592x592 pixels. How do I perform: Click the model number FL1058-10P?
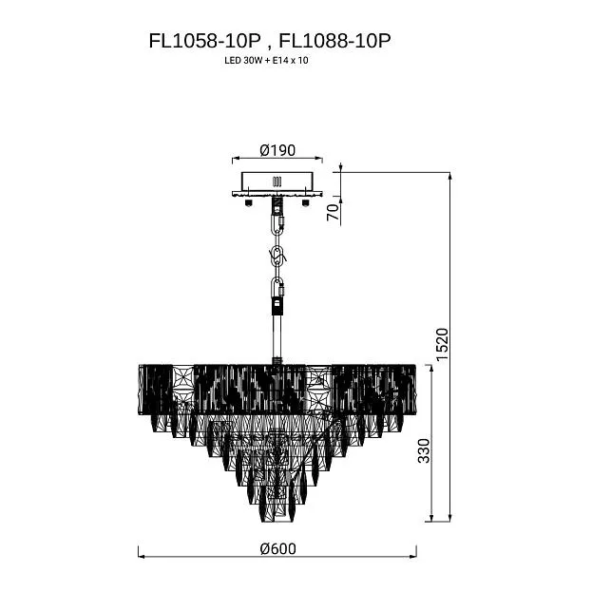[x=204, y=41]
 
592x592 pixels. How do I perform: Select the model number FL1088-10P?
[x=334, y=41]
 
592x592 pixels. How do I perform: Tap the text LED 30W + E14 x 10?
[x=266, y=60]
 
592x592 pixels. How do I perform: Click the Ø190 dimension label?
[x=277, y=150]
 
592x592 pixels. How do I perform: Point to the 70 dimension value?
[x=333, y=212]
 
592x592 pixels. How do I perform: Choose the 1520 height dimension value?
[x=442, y=344]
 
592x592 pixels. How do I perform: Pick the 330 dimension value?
[x=424, y=450]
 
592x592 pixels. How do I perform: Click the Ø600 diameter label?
[x=277, y=548]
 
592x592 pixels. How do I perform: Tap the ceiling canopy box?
[x=277, y=182]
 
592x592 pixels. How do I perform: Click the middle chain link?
[x=277, y=257]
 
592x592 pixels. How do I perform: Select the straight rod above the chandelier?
[x=277, y=336]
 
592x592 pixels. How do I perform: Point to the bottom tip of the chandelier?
[x=277, y=522]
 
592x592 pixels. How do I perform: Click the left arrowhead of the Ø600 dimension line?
[x=142, y=556]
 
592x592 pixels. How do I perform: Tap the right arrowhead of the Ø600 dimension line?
[x=413, y=556]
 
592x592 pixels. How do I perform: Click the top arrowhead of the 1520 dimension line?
[x=449, y=176]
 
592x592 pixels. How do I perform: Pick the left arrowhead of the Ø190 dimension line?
[x=235, y=159]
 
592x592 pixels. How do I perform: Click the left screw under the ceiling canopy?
[x=248, y=202]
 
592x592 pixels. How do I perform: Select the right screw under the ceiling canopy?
[x=305, y=202]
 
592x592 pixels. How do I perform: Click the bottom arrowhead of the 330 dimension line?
[x=431, y=518]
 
